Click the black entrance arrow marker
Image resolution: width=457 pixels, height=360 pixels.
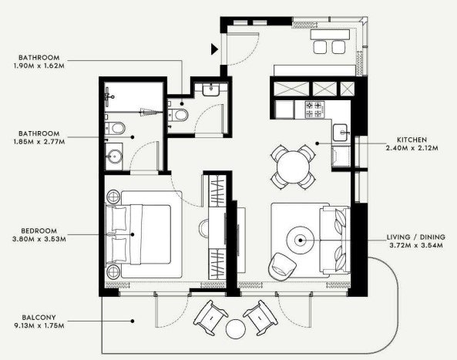coord(214,49)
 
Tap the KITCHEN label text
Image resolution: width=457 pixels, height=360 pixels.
coord(412,140)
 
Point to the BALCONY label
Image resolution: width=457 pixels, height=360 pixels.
coord(39,317)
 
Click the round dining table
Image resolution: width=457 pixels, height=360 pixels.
coord(293,167)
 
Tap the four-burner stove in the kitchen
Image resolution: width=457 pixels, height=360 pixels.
coord(314,109)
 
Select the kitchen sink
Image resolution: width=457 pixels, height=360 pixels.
coord(340,132)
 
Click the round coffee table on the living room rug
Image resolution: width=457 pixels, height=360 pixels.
coord(301,241)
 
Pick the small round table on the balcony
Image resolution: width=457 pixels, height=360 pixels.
coord(236,329)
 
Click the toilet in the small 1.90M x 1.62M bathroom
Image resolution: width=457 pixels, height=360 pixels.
coord(178,115)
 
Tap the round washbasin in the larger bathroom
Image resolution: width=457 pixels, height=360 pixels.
coord(115,156)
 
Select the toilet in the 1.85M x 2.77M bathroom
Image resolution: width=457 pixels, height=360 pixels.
coord(116,128)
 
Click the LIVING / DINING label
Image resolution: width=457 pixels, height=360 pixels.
coord(416,237)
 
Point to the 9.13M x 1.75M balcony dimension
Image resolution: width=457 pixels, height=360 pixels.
coord(39,325)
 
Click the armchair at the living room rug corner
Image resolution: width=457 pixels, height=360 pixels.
coord(282,267)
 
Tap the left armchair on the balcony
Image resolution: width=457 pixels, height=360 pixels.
coord(210,318)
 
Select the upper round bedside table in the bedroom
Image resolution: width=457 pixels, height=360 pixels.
coord(113,197)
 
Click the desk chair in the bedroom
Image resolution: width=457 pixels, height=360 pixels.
coord(204,227)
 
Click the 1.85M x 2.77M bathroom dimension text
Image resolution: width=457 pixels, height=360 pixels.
coord(39,142)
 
